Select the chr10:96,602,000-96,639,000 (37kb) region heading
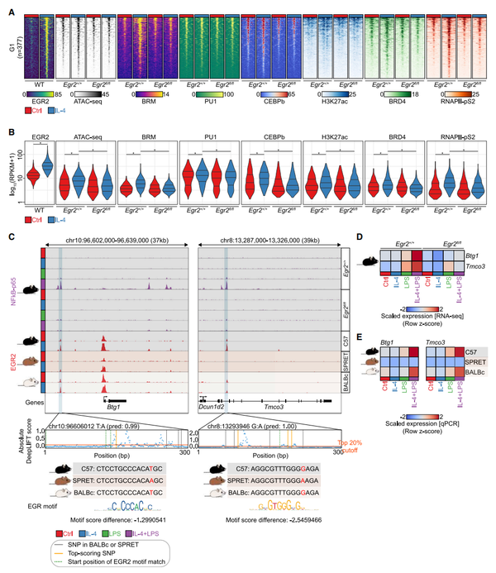114,244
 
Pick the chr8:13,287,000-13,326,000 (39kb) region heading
269,244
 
